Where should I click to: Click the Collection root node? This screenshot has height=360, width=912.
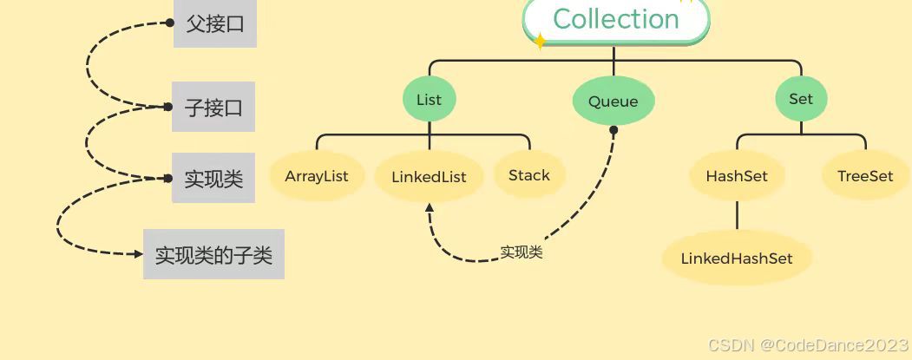pyautogui.click(x=615, y=19)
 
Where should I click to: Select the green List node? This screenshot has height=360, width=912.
pyautogui.click(x=429, y=100)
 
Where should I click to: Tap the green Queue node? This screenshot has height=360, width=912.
pyautogui.click(x=613, y=101)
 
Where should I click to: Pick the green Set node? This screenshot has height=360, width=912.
pyautogui.click(x=801, y=99)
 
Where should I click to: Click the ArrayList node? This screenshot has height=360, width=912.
pyautogui.click(x=317, y=176)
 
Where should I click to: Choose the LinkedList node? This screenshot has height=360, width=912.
pyautogui.click(x=429, y=177)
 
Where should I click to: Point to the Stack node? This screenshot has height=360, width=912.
pyautogui.click(x=529, y=175)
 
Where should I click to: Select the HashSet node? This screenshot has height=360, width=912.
pyautogui.click(x=737, y=176)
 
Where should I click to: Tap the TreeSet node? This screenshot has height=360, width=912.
pyautogui.click(x=865, y=176)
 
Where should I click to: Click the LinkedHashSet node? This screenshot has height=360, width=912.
pyautogui.click(x=737, y=259)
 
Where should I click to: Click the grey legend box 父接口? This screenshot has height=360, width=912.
pyautogui.click(x=215, y=24)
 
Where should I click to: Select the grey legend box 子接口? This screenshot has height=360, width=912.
pyautogui.click(x=213, y=108)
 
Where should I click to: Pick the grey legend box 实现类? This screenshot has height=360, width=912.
pyautogui.click(x=213, y=180)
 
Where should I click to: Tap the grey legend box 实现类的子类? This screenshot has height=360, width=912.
pyautogui.click(x=213, y=255)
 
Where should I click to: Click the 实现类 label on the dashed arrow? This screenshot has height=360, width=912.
pyautogui.click(x=522, y=252)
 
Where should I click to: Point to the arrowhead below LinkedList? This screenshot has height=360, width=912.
pyautogui.click(x=429, y=207)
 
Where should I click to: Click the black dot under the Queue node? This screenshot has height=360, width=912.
pyautogui.click(x=613, y=131)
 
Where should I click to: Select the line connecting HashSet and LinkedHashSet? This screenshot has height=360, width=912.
pyautogui.click(x=737, y=215)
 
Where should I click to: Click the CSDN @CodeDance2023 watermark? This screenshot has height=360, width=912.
pyautogui.click(x=806, y=345)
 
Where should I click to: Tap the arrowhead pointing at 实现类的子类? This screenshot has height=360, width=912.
pyautogui.click(x=137, y=254)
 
